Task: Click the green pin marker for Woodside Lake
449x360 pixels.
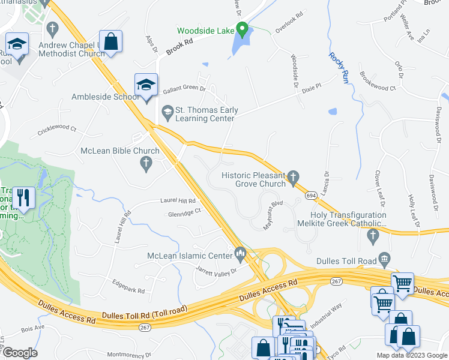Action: pyautogui.click(x=242, y=28)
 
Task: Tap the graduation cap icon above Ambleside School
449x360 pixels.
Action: pyautogui.click(x=146, y=85)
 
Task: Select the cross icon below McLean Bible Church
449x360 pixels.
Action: pyautogui.click(x=146, y=163)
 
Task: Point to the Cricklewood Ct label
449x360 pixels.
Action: pyautogui.click(x=57, y=128)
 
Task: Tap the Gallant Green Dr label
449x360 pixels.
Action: pyautogui.click(x=184, y=90)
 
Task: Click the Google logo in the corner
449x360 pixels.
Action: pyautogui.click(x=20, y=352)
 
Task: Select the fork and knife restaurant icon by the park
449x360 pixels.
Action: pyautogui.click(x=23, y=197)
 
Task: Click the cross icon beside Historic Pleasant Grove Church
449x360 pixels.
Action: pyautogui.click(x=293, y=176)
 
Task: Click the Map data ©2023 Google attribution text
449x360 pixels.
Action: pyautogui.click(x=412, y=355)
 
